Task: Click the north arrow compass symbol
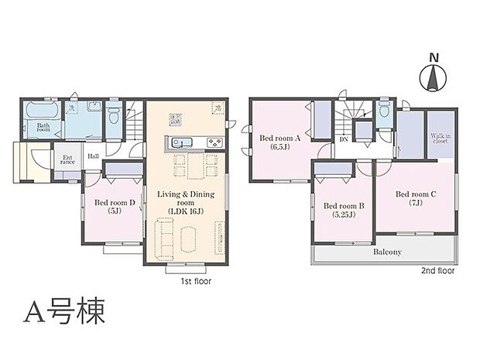pos(433,76)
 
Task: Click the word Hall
pos(93,156)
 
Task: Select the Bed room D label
pos(115,207)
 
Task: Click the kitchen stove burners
pos(214,142)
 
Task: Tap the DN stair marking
pos(342,140)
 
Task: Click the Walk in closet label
pos(441,139)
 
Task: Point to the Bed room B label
pos(344,210)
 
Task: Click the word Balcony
pos(386,252)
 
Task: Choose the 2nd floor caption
pos(437,271)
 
